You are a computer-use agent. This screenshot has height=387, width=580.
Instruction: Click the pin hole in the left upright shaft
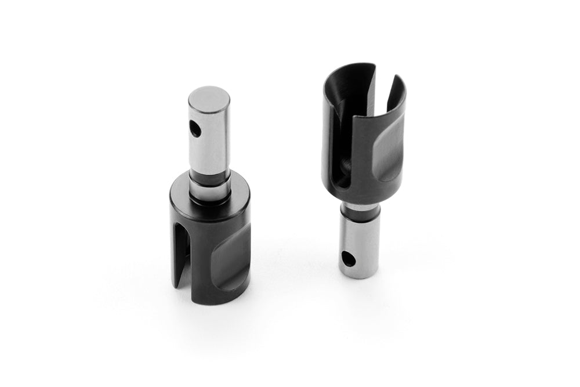click(196, 129)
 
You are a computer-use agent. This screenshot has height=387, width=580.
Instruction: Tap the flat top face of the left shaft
click(209, 94)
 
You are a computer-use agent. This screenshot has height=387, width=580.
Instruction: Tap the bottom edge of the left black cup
click(217, 302)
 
